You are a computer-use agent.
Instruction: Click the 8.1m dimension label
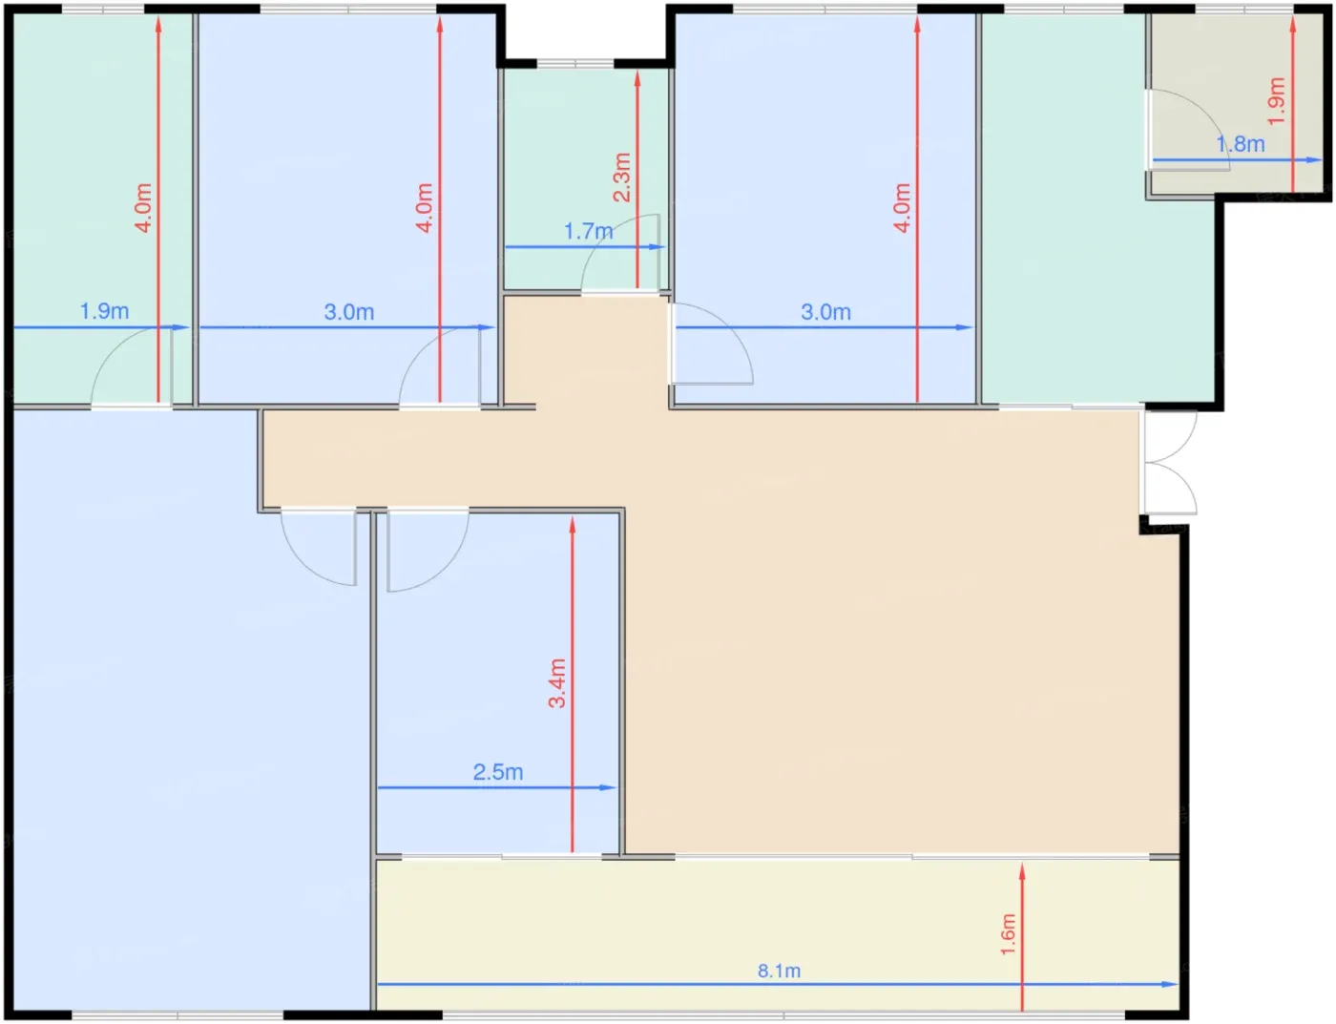(779, 972)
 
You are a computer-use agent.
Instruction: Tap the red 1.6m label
(1009, 934)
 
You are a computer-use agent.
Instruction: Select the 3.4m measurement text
(557, 683)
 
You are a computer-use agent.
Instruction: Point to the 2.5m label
(498, 772)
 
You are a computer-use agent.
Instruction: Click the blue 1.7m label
(589, 232)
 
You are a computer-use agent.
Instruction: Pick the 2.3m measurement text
(622, 178)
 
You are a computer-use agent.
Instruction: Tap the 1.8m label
(1241, 144)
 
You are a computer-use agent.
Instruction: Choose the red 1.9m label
(1277, 101)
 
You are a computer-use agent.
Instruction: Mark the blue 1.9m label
(105, 312)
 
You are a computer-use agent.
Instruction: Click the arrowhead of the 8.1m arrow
(1170, 984)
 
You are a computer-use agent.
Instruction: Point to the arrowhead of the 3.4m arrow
(573, 524)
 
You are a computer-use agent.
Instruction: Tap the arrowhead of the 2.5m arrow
(608, 787)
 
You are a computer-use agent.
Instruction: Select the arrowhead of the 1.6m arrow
(1022, 871)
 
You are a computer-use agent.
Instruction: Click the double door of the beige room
(1168, 462)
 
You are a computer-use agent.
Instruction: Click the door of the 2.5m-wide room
(428, 551)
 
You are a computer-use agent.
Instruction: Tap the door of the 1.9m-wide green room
(132, 367)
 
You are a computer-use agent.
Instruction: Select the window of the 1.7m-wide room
(575, 63)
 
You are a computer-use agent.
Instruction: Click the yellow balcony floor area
(778, 934)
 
